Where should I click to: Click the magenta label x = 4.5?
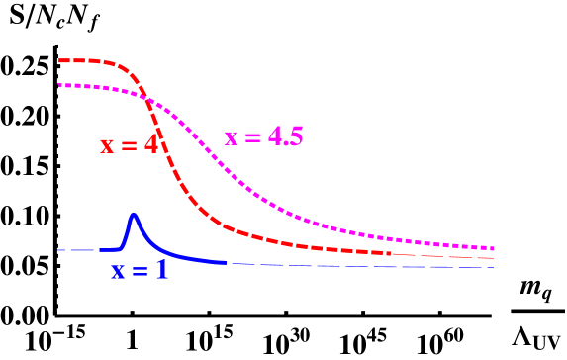(x=263, y=137)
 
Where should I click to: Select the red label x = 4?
(x=129, y=145)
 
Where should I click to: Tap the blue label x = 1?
(x=140, y=270)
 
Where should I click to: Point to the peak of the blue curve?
(x=134, y=214)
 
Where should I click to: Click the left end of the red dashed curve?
(x=59, y=60)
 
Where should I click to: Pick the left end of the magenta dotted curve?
(x=59, y=85)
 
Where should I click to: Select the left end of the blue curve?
(x=57, y=250)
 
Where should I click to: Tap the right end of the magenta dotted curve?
(x=493, y=248)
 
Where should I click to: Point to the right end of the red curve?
(x=493, y=258)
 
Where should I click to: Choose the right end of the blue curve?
(x=493, y=267)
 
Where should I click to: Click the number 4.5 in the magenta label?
(x=285, y=136)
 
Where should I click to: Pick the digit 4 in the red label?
(x=150, y=144)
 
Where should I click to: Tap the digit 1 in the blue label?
(x=162, y=269)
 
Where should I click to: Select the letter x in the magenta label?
(x=231, y=138)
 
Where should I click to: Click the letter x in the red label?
(x=107, y=146)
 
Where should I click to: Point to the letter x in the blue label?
(x=118, y=271)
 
